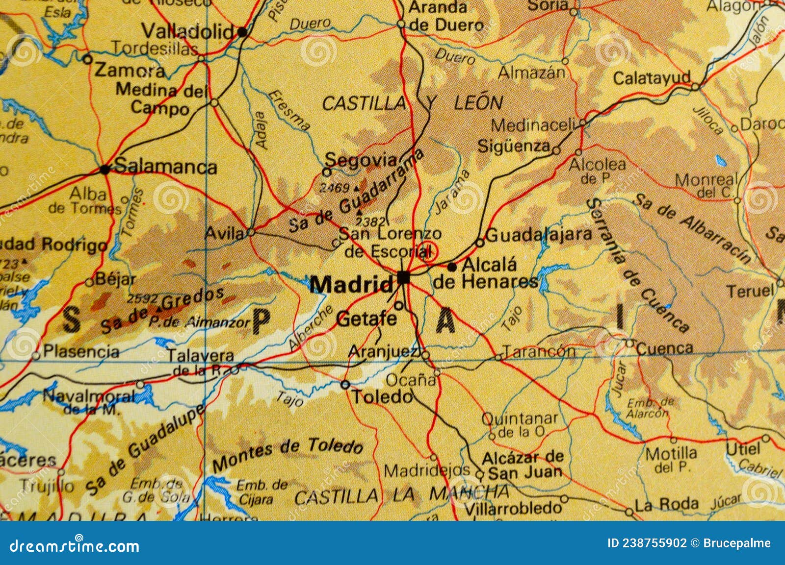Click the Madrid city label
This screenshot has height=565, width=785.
[x=351, y=285]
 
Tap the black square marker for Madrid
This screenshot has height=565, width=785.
[x=404, y=278]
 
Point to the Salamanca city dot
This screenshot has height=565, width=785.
[x=105, y=170]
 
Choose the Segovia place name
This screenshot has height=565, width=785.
[x=361, y=159]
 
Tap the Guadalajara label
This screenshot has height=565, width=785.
[x=540, y=234]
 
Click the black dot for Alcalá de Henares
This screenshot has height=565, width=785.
[x=452, y=267]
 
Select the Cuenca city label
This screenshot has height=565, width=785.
[x=665, y=348]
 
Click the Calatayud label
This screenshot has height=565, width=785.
[x=652, y=78]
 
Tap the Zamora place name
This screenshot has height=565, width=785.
[x=129, y=71]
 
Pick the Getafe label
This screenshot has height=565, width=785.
[x=366, y=319]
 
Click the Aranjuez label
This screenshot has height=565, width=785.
[x=383, y=351]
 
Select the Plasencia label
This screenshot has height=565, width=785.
[x=81, y=351]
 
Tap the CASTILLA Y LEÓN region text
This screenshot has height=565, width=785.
[x=412, y=103]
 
